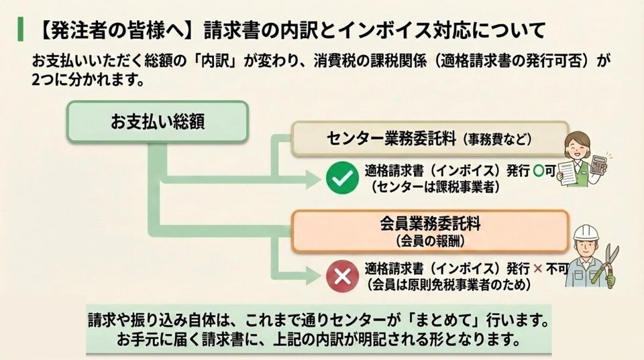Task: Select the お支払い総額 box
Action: pos(157,121)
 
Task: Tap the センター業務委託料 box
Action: pos(430,139)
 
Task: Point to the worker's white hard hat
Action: pos(587,233)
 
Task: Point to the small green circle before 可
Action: pos(538,171)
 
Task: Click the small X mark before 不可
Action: pos(537,269)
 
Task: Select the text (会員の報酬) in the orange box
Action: pos(429,239)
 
